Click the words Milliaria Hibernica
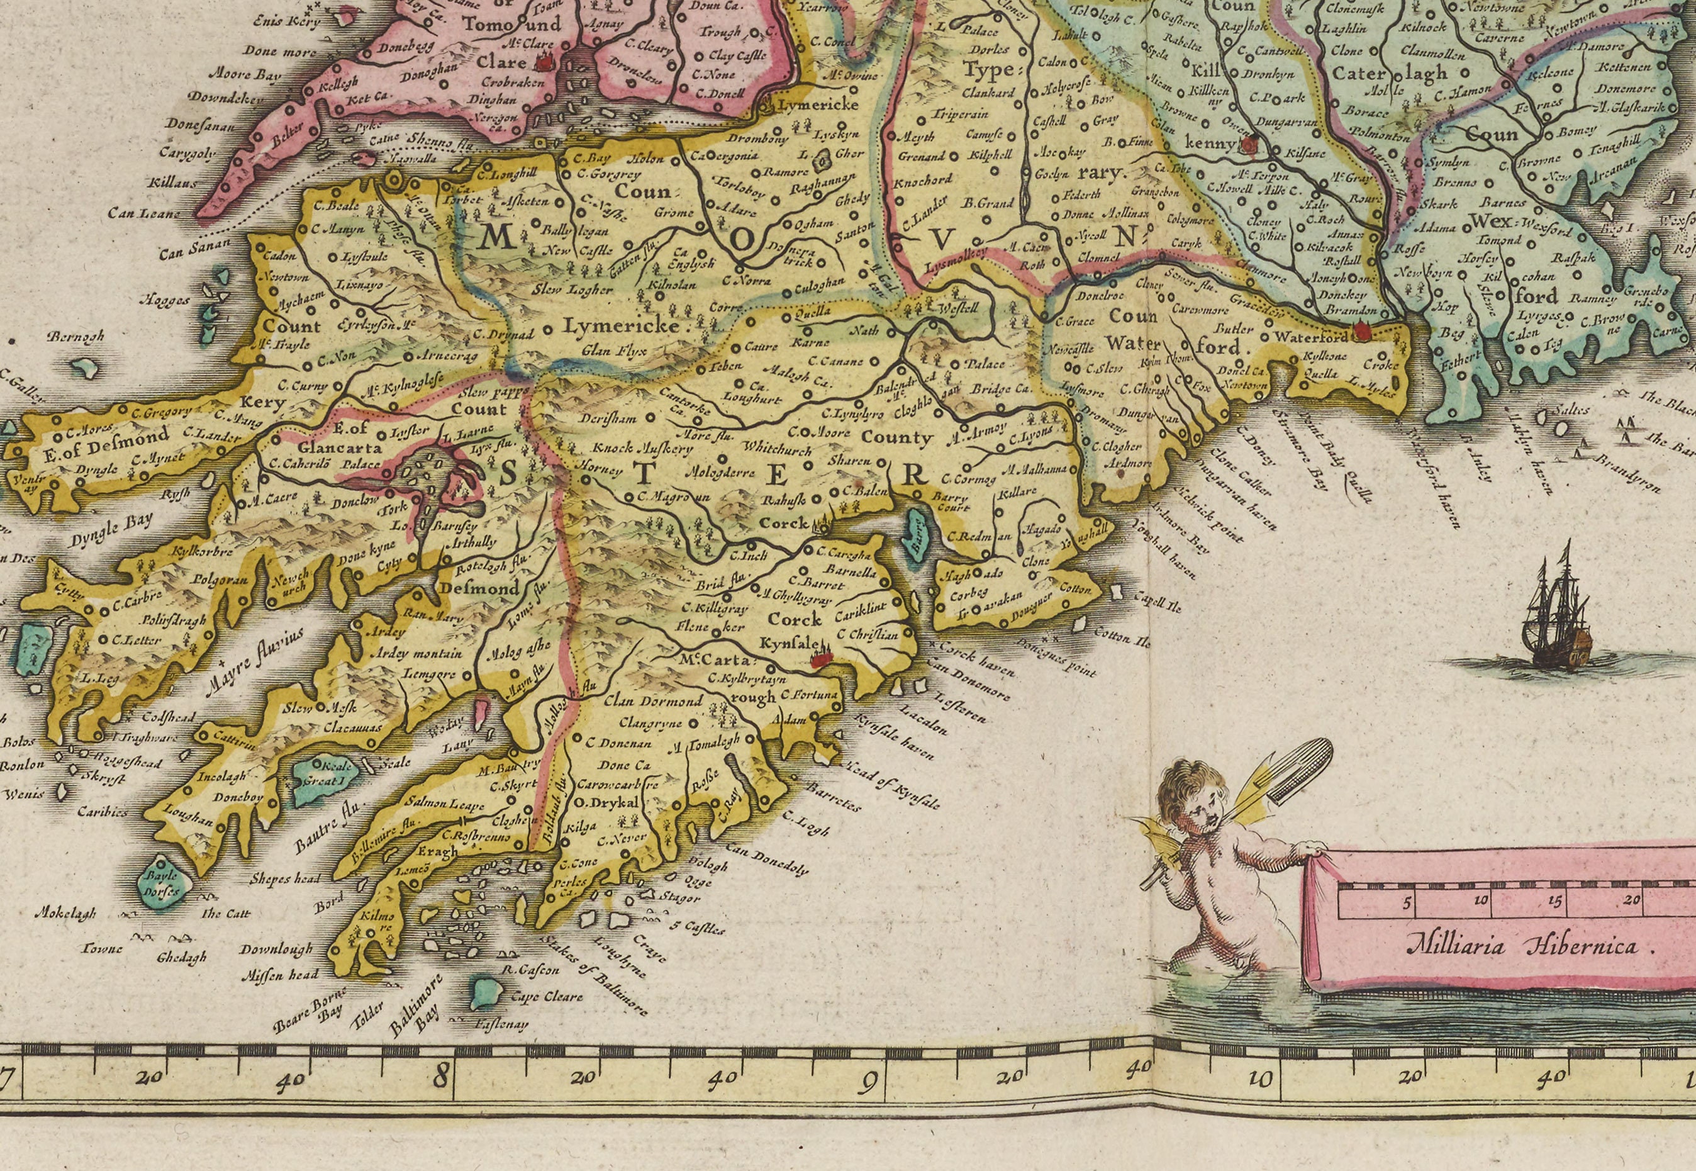coord(1520,946)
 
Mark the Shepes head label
coord(284,878)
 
